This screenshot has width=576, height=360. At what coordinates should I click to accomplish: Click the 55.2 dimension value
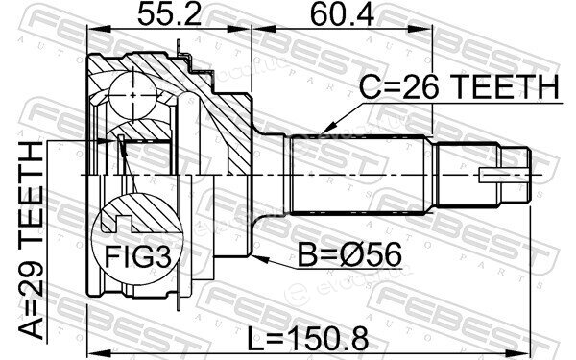click(169, 15)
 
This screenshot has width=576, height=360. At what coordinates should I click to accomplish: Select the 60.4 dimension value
click(343, 15)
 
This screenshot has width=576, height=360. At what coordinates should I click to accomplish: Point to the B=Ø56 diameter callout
click(349, 255)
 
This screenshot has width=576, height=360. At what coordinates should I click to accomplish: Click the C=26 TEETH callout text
click(459, 87)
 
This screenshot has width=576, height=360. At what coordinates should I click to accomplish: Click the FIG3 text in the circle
click(137, 256)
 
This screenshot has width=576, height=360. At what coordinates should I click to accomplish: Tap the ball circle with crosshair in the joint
click(133, 95)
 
